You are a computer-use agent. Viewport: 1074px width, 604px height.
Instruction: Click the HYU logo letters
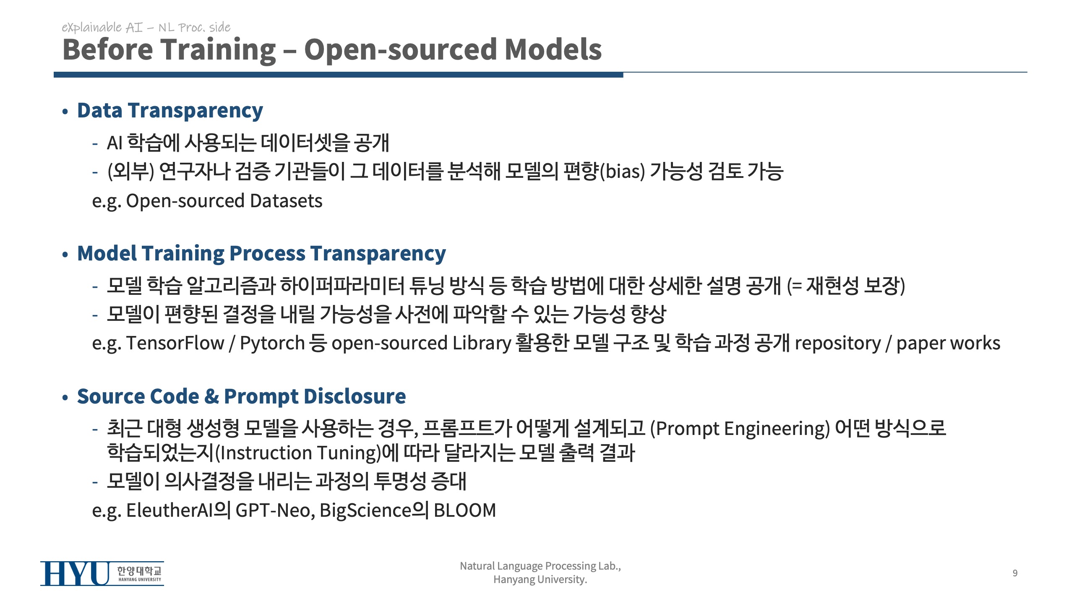(x=75, y=573)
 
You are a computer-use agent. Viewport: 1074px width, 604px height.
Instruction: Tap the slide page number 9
(x=1015, y=573)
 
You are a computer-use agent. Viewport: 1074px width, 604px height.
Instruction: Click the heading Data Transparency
(x=170, y=111)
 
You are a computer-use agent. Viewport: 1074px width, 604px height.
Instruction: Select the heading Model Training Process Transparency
(x=261, y=254)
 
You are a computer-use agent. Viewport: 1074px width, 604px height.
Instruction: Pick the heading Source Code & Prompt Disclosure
(x=241, y=396)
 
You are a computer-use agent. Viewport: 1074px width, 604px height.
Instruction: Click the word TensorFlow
(x=175, y=343)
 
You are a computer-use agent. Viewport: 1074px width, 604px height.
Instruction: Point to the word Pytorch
(x=272, y=344)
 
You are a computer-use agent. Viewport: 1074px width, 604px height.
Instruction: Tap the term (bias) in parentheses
(x=623, y=172)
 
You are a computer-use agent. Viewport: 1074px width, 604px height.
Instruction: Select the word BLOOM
(x=465, y=510)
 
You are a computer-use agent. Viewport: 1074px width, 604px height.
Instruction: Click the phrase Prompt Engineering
(x=740, y=429)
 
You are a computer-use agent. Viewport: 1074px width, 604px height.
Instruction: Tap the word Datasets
(x=286, y=201)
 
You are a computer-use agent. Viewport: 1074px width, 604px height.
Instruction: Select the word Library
(x=482, y=344)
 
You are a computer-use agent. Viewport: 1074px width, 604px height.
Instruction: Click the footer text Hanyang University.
(x=540, y=580)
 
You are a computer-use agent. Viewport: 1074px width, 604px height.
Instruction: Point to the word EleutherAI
(x=169, y=510)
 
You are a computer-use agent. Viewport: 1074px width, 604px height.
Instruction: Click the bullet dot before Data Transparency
(x=65, y=112)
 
